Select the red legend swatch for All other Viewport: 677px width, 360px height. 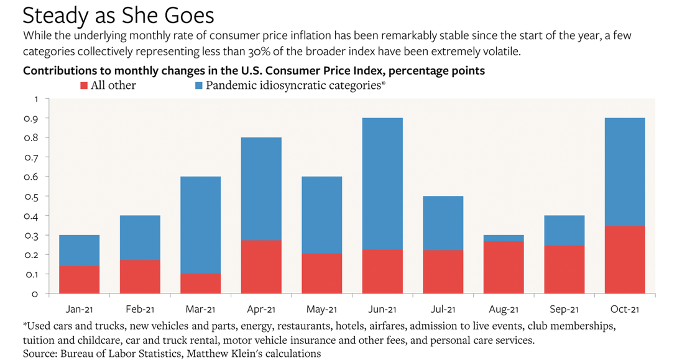(85, 85)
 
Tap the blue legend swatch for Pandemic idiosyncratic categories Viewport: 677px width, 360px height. (199, 85)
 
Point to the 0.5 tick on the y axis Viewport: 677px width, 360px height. (35, 196)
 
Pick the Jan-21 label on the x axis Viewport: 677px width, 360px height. (79, 309)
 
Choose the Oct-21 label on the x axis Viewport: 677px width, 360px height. (624, 309)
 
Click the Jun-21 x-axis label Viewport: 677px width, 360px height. (382, 309)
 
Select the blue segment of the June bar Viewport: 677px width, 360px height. (382, 183)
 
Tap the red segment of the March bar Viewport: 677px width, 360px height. (200, 283)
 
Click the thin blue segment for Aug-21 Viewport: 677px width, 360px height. (503, 238)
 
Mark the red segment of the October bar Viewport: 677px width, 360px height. (624, 259)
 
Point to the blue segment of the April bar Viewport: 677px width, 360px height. (260, 188)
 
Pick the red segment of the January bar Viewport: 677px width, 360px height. (79, 279)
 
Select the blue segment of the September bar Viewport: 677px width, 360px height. (564, 230)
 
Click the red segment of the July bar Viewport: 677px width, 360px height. (443, 271)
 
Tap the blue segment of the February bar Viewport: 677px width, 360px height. (140, 238)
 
